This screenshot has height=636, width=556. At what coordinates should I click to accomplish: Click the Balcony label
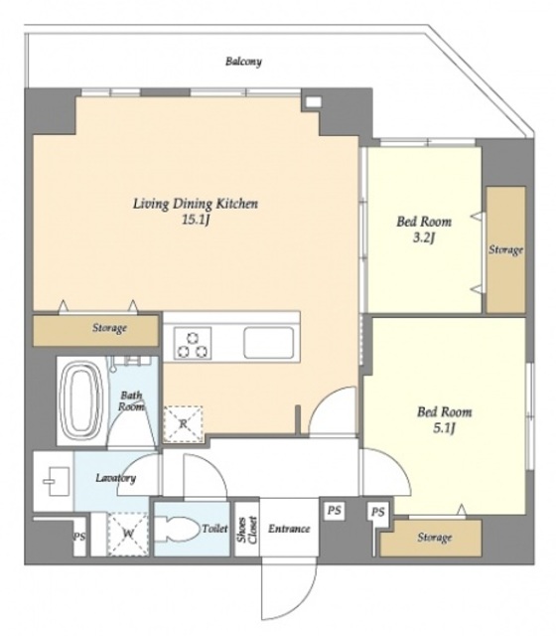click(243, 62)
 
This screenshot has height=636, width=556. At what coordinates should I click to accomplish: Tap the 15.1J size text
click(196, 220)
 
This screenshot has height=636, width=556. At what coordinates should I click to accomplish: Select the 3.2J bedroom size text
click(424, 238)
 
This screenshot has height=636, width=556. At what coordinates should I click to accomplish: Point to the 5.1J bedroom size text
click(444, 428)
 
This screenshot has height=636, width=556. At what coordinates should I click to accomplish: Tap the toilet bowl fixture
click(178, 529)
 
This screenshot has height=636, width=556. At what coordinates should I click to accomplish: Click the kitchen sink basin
click(269, 343)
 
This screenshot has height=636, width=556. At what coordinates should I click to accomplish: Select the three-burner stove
click(193, 343)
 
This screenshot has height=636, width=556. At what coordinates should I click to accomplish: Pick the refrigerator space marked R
click(183, 424)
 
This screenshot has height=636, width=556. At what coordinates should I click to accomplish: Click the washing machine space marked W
click(128, 534)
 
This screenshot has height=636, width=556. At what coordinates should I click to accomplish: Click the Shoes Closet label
click(247, 530)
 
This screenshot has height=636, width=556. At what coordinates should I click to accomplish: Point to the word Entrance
click(289, 529)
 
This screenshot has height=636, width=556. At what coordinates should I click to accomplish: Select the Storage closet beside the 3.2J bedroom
click(505, 249)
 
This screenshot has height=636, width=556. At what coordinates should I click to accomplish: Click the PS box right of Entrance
click(335, 510)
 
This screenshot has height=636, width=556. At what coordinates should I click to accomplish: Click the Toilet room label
click(215, 529)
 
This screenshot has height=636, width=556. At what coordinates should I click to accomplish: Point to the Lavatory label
click(116, 478)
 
